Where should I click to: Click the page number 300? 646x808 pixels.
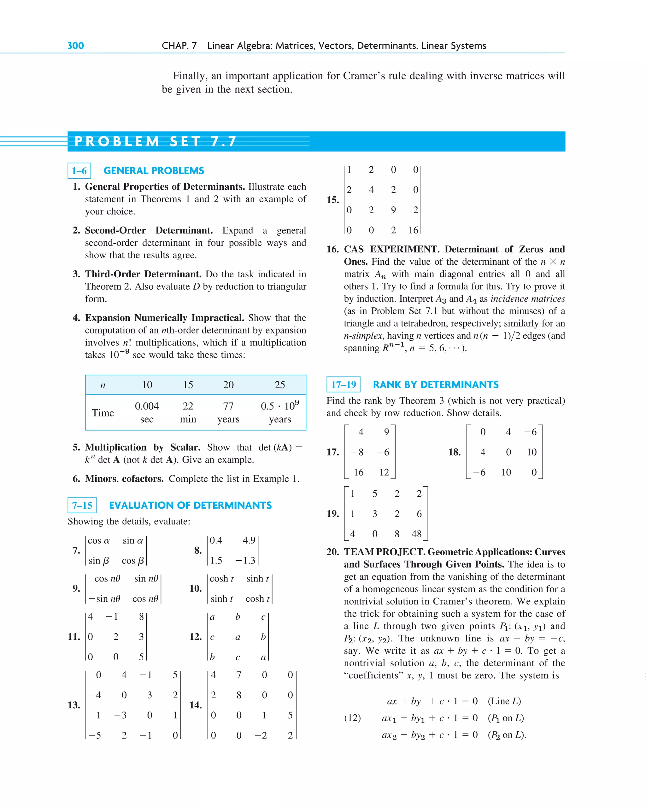click(75, 46)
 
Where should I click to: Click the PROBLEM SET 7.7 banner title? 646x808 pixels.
click(155, 142)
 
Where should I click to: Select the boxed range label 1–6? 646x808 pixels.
click(79, 171)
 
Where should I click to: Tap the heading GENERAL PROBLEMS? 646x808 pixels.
click(154, 171)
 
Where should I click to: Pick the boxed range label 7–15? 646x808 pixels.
click(82, 505)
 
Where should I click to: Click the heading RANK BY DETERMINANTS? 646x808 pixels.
click(435, 385)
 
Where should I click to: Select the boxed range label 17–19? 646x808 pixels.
click(343, 385)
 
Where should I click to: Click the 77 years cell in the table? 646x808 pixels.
click(228, 412)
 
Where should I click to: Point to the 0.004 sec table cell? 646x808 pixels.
click(147, 412)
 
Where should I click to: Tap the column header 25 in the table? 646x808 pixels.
click(279, 385)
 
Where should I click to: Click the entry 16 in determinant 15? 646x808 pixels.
click(413, 230)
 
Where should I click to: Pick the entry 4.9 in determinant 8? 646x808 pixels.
click(249, 540)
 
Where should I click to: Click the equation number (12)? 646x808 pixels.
click(352, 718)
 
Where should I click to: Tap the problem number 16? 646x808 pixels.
click(332, 249)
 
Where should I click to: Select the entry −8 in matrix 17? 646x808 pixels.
click(357, 452)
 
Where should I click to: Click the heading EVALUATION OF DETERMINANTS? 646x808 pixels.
click(190, 505)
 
